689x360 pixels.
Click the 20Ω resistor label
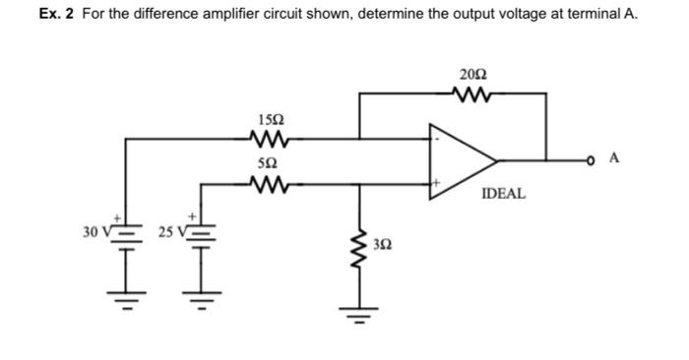[x=472, y=75]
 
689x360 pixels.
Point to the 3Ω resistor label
[x=387, y=242]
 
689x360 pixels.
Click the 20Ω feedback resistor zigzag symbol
[x=472, y=94]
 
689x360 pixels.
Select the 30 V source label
[x=95, y=231]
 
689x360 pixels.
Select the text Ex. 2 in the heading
[x=57, y=15]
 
